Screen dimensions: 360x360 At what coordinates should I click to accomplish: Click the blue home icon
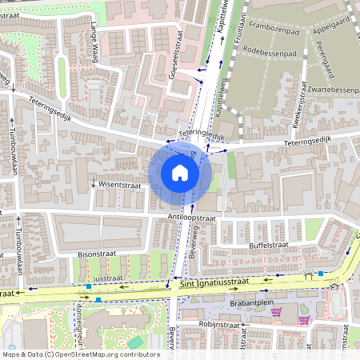(x=180, y=172)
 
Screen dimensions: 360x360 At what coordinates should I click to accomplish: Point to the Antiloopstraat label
(x=192, y=216)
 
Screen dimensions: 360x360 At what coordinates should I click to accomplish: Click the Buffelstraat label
(x=268, y=245)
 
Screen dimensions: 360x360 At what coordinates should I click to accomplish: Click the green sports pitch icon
(x=135, y=342)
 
